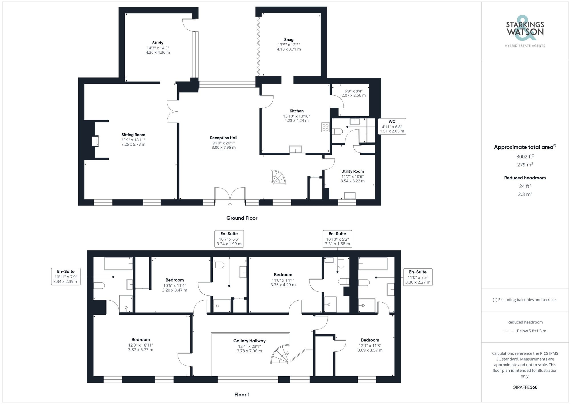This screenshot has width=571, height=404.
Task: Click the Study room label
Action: click(x=158, y=43)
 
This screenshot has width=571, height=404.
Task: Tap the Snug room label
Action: click(x=289, y=40)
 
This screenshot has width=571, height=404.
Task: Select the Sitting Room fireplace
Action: click(x=95, y=141)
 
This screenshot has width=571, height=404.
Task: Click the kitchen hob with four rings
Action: click(x=325, y=127)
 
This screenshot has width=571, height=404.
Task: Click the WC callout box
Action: click(x=392, y=126)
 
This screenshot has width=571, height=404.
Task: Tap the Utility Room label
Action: click(x=353, y=171)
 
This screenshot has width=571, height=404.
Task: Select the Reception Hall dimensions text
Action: click(x=224, y=145)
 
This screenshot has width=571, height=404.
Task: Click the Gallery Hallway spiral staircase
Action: click(x=281, y=354)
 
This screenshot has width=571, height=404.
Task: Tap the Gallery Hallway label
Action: click(x=249, y=341)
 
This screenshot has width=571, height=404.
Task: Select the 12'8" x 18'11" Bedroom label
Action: click(x=140, y=340)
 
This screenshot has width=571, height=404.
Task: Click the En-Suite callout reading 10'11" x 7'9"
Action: click(x=66, y=276)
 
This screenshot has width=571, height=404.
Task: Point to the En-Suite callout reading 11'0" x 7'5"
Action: click(x=418, y=277)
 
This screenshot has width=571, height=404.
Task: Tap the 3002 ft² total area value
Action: click(x=525, y=156)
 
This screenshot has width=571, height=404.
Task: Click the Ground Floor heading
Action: click(x=242, y=218)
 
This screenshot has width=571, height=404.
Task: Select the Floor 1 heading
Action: click(x=242, y=395)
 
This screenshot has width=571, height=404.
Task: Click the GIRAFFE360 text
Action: click(x=525, y=387)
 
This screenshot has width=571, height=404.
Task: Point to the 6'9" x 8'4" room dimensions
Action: click(x=353, y=93)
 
